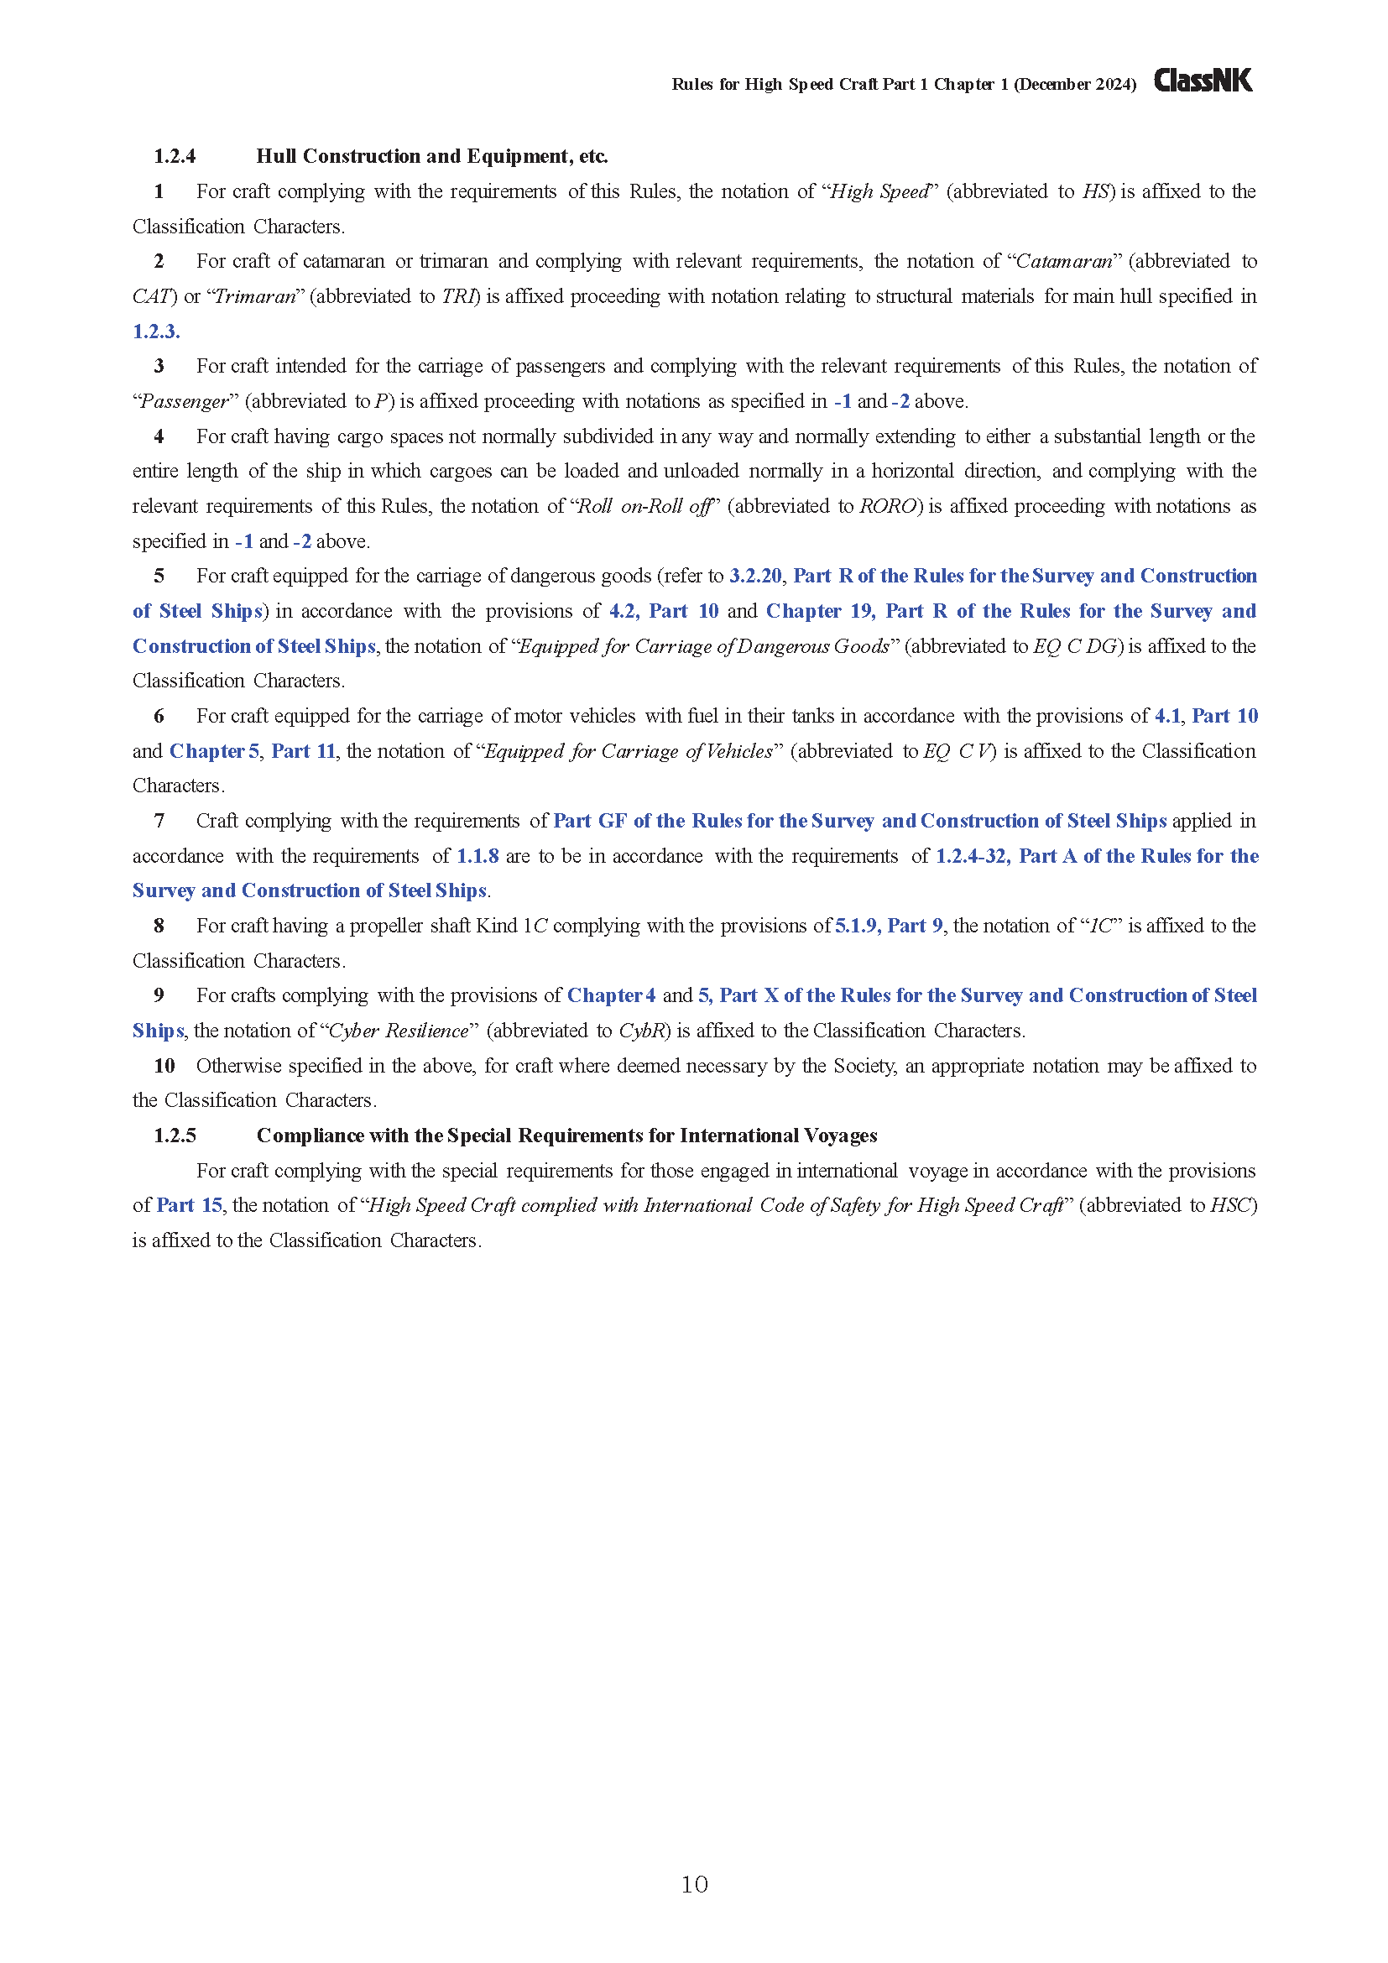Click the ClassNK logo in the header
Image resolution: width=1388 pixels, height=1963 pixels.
coord(1203,81)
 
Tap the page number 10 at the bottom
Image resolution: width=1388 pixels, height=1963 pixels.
coord(694,1883)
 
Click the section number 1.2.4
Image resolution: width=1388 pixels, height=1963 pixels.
coord(175,156)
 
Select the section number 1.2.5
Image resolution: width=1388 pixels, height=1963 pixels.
coord(175,1136)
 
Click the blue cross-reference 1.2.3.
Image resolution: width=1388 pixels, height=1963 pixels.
coord(155,332)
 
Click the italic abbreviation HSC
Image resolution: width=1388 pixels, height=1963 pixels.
coord(1232,1205)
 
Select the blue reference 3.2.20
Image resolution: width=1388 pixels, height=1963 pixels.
coord(754,577)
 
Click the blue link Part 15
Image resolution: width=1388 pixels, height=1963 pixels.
coord(189,1205)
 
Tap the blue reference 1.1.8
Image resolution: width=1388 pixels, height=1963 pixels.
coord(477,856)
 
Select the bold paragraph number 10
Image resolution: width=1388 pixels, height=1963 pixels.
coord(164,1066)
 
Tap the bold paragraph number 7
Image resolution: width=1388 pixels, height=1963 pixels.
coord(159,821)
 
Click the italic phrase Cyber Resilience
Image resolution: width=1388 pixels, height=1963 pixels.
coord(399,1031)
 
